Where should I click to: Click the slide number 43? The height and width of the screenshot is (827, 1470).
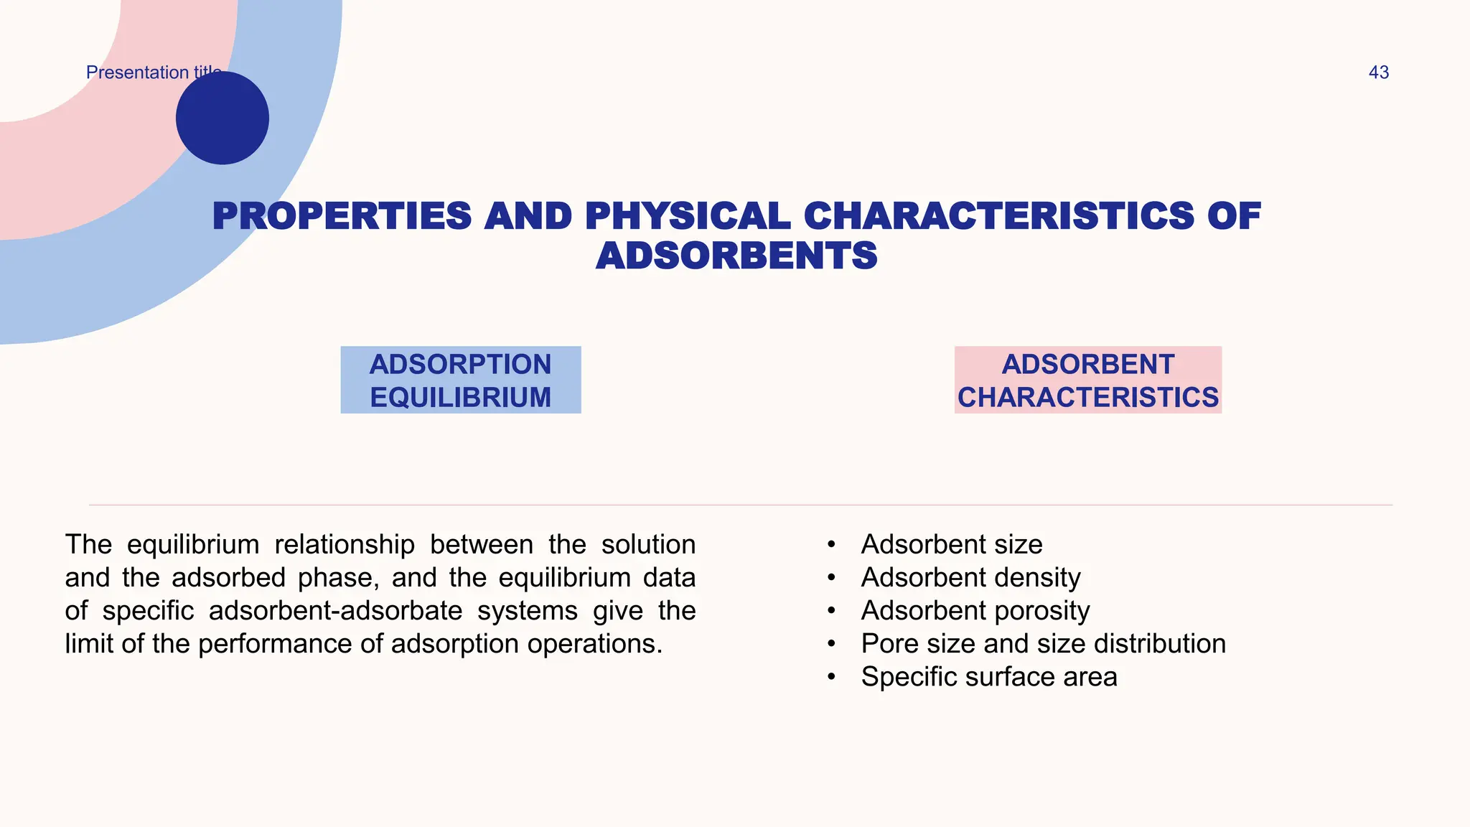point(1378,73)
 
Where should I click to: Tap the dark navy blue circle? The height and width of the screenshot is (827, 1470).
point(223,118)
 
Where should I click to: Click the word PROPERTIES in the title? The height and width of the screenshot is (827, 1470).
point(342,217)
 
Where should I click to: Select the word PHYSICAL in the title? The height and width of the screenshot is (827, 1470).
point(688,217)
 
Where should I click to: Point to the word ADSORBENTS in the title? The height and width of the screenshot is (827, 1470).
point(736,256)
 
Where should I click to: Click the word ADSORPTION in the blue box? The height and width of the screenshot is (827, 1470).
point(460,365)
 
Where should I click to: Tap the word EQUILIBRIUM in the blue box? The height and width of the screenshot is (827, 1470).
point(460,398)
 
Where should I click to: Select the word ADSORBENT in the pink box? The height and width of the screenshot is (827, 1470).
point(1087,365)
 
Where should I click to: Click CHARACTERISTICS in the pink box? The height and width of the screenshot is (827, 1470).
point(1087,398)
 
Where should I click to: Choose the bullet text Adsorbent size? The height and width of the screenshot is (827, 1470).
point(951,545)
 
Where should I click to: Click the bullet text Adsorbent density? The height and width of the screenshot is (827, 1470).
point(970,578)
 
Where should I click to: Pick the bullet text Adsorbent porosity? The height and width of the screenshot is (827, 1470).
point(975,611)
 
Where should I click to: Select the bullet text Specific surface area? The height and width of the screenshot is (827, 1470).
point(988,677)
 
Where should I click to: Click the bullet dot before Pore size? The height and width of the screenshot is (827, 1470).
point(831,644)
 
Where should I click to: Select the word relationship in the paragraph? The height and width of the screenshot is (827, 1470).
point(345,545)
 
